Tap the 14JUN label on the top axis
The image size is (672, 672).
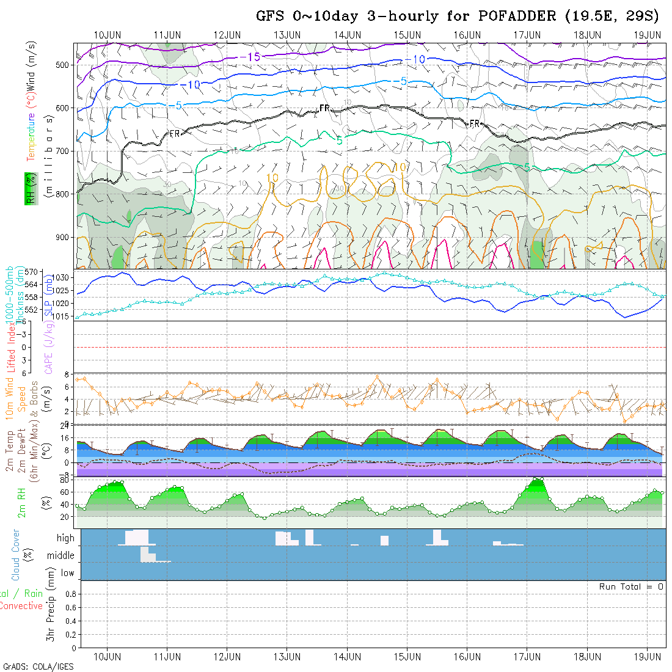pyautogui.click(x=347, y=34)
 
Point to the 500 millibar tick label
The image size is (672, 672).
pyautogui.click(x=65, y=65)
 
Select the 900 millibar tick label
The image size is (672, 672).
pyautogui.click(x=65, y=237)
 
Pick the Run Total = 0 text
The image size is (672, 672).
pyautogui.click(x=631, y=586)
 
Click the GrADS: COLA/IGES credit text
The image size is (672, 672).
pyautogui.click(x=38, y=667)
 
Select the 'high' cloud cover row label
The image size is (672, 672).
pyautogui.click(x=65, y=538)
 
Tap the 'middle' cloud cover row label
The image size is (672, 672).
pyautogui.click(x=61, y=555)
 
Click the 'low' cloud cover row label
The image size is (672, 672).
pyautogui.click(x=67, y=573)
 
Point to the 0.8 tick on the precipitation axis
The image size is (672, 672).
pyautogui.click(x=69, y=593)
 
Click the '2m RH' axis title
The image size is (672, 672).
pyautogui.click(x=21, y=503)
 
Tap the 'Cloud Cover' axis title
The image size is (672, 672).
pyautogui.click(x=16, y=554)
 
